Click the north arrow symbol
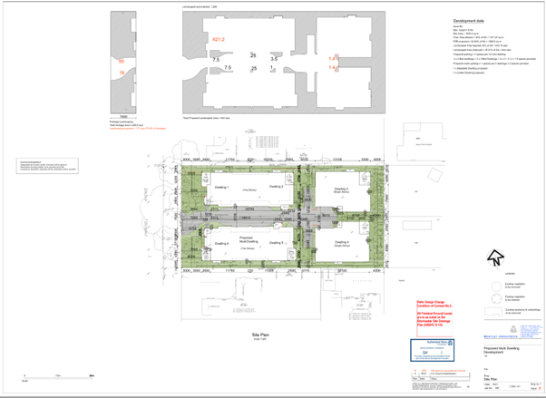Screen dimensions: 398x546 (x=495, y=257)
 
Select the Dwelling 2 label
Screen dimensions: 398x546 (x=277, y=185)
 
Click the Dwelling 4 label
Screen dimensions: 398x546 (x=341, y=243)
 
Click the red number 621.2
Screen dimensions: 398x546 (x=219, y=40)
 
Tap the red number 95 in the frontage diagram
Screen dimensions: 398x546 (x=122, y=62)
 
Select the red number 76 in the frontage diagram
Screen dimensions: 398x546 (x=122, y=73)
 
